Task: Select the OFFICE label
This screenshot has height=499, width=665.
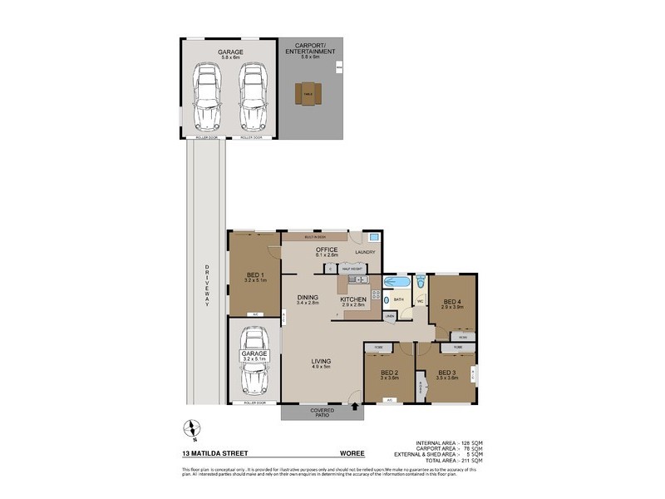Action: tap(325, 249)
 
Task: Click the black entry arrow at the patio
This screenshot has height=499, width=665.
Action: tap(357, 407)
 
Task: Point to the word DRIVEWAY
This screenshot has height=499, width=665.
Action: tap(206, 287)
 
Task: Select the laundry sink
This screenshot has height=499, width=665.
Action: tap(374, 238)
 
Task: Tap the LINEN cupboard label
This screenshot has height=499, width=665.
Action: tap(390, 317)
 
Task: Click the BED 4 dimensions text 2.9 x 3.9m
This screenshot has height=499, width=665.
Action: tap(452, 307)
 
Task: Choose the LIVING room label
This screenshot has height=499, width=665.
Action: tap(322, 361)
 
